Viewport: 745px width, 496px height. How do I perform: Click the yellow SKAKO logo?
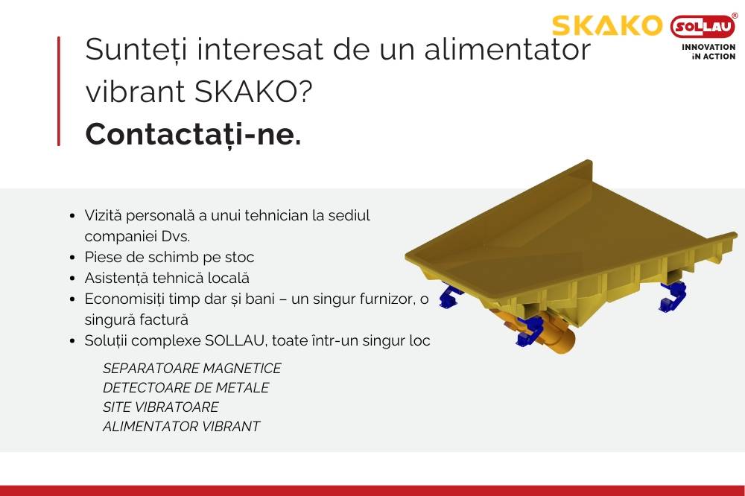[x=606, y=26]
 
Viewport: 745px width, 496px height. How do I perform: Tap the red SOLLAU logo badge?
[x=703, y=28]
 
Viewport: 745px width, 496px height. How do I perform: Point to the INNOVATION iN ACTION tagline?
[x=708, y=51]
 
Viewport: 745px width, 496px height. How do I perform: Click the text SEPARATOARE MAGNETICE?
[x=192, y=369]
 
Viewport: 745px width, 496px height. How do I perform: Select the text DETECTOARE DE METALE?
[x=186, y=388]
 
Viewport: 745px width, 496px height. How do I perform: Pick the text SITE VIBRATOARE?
[x=161, y=407]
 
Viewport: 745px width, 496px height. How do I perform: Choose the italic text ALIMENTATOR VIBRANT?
[x=181, y=427]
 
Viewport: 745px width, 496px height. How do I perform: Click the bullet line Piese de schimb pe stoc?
[x=169, y=257]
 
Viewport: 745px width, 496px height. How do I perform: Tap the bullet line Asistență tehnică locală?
[x=167, y=278]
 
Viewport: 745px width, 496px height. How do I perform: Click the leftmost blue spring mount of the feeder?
[x=449, y=299]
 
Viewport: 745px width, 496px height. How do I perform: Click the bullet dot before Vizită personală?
[x=72, y=216]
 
